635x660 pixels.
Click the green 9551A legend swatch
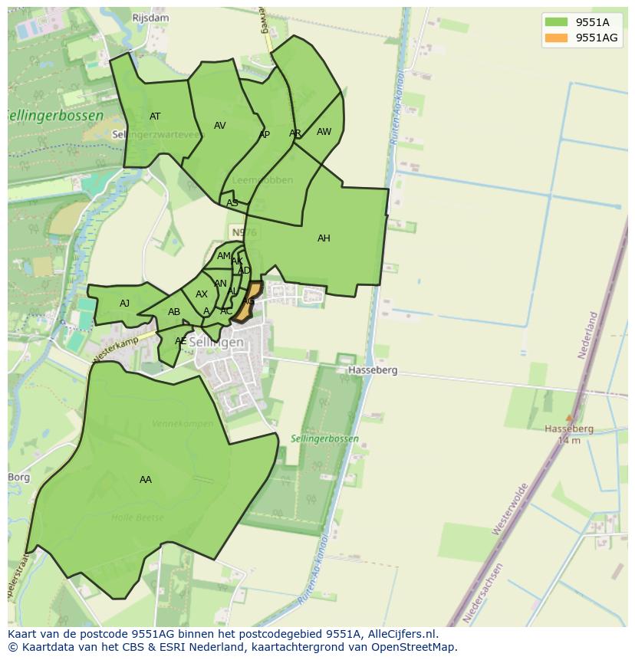tap(556, 21)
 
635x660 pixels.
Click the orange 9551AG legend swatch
tap(556, 38)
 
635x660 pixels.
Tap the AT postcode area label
tap(155, 117)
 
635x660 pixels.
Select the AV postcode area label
tap(220, 126)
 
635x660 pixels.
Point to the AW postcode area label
tap(324, 132)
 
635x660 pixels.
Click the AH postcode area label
tap(324, 238)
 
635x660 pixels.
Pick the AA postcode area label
tap(146, 480)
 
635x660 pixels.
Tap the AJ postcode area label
tap(124, 304)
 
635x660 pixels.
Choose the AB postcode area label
tap(174, 312)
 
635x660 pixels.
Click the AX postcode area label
tap(202, 294)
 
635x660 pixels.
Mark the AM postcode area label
tap(223, 256)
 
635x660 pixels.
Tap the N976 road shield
tap(239, 231)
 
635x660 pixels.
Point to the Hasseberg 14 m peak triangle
tap(568, 418)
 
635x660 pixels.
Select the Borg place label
tap(18, 478)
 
